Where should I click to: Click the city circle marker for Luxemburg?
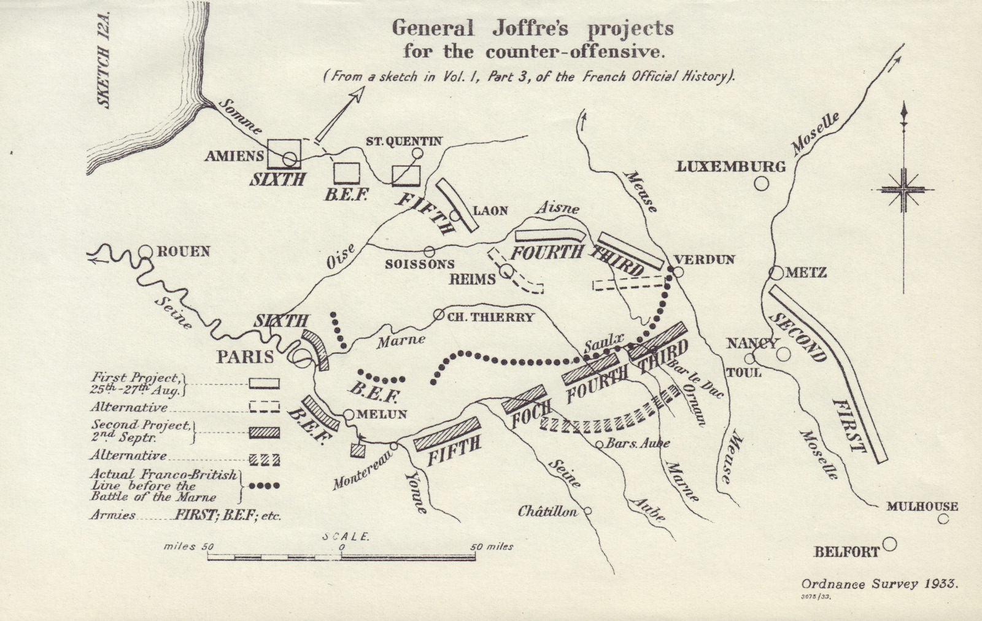(x=762, y=183)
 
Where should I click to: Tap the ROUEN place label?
(x=184, y=252)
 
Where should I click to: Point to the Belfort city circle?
(x=889, y=544)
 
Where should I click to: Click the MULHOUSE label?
(x=922, y=506)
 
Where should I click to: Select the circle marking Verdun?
(x=678, y=271)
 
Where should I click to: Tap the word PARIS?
(x=245, y=357)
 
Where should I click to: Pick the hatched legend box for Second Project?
(x=265, y=433)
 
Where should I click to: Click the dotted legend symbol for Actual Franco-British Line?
(x=265, y=485)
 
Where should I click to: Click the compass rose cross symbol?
(x=903, y=190)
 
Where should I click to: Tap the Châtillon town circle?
(x=587, y=511)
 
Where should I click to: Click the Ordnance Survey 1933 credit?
(x=879, y=584)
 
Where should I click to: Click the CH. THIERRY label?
(x=490, y=317)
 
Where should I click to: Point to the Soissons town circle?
(x=430, y=251)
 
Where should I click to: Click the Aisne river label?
(x=557, y=208)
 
